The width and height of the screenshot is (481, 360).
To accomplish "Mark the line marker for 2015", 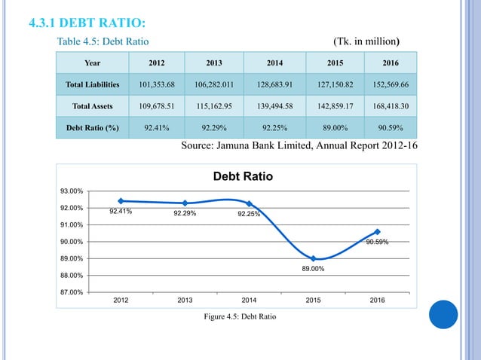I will pos(313,258).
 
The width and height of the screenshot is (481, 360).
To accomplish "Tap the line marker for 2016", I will pos(377,232).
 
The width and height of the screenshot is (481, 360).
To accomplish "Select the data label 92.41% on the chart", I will pos(121,212).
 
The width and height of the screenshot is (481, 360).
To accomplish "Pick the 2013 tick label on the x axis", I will pos(185,301).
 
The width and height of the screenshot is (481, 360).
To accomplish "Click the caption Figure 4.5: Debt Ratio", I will pos(240,316).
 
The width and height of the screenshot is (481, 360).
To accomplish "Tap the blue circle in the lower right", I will pos(443,314).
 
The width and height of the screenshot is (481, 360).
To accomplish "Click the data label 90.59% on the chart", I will pos(377,243).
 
